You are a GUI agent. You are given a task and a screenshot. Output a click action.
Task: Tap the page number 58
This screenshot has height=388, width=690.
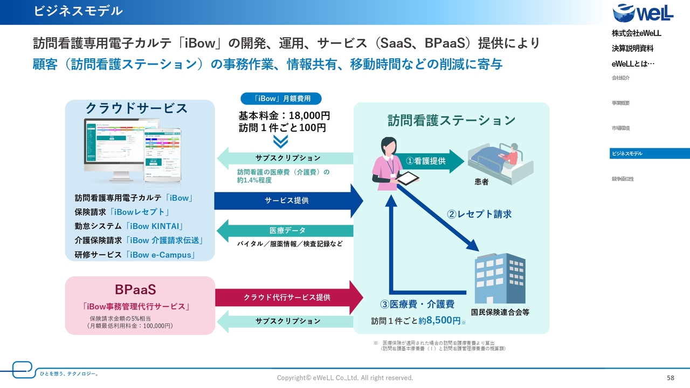(x=671, y=378)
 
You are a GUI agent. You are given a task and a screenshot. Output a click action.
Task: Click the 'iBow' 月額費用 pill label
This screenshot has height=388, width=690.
(x=280, y=99)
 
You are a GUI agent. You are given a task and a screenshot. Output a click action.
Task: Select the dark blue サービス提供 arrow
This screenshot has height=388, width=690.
(x=288, y=200)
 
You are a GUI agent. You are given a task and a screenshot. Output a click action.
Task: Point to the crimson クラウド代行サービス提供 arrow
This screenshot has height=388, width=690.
(x=288, y=297)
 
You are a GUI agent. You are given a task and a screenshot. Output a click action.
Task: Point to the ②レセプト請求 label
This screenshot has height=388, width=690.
(x=479, y=214)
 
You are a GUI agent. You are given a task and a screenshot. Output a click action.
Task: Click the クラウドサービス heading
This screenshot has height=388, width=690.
(x=136, y=108)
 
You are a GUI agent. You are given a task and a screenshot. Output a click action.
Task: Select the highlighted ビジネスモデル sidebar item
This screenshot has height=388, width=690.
(x=649, y=154)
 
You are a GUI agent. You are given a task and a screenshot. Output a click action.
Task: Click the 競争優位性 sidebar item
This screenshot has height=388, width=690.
(x=623, y=179)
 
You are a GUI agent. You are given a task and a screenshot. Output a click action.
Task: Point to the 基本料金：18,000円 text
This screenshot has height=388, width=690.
(x=284, y=116)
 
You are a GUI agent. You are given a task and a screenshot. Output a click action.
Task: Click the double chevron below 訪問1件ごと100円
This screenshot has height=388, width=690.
(x=280, y=141)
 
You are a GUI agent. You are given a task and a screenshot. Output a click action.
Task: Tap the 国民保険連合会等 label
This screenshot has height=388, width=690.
(x=500, y=312)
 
